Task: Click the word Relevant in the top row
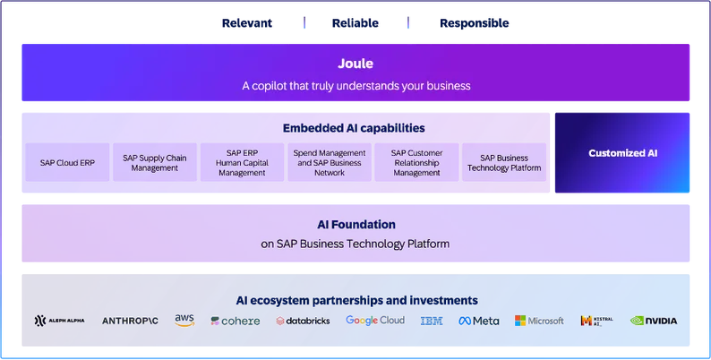pyautogui.click(x=246, y=23)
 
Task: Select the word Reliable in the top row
pyautogui.click(x=355, y=23)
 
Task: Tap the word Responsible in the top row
pyautogui.click(x=475, y=23)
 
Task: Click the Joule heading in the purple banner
pyautogui.click(x=355, y=64)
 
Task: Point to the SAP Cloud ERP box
pyautogui.click(x=67, y=162)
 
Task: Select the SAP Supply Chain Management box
pyautogui.click(x=155, y=162)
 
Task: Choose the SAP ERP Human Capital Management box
pyautogui.click(x=242, y=162)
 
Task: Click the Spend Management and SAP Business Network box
pyautogui.click(x=330, y=162)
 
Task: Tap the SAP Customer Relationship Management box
pyautogui.click(x=416, y=162)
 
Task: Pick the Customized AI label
pyautogui.click(x=622, y=153)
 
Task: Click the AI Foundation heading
pyautogui.click(x=356, y=225)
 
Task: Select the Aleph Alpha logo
pyautogui.click(x=59, y=321)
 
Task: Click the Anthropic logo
pyautogui.click(x=130, y=321)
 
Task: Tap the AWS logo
pyautogui.click(x=184, y=320)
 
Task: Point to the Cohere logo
pyautogui.click(x=236, y=321)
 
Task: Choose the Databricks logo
pyautogui.click(x=303, y=321)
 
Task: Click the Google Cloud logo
pyautogui.click(x=375, y=321)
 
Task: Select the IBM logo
pyautogui.click(x=432, y=321)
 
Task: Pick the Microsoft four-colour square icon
pyautogui.click(x=520, y=321)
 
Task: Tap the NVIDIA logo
pyautogui.click(x=654, y=321)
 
